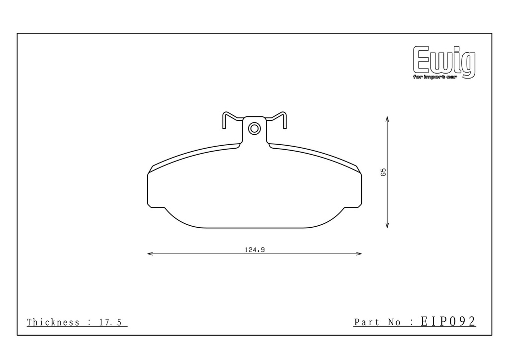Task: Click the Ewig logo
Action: pyautogui.click(x=444, y=62)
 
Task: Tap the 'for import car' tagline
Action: pyautogui.click(x=435, y=77)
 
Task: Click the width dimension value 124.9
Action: pyautogui.click(x=255, y=250)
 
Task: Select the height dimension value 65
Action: pyautogui.click(x=383, y=172)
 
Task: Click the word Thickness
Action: pyautogui.click(x=53, y=322)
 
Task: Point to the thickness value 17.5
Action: pyautogui.click(x=110, y=322)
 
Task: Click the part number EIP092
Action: pyautogui.click(x=448, y=321)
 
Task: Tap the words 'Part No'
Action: pyautogui.click(x=377, y=322)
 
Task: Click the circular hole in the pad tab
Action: pyautogui.click(x=254, y=129)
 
